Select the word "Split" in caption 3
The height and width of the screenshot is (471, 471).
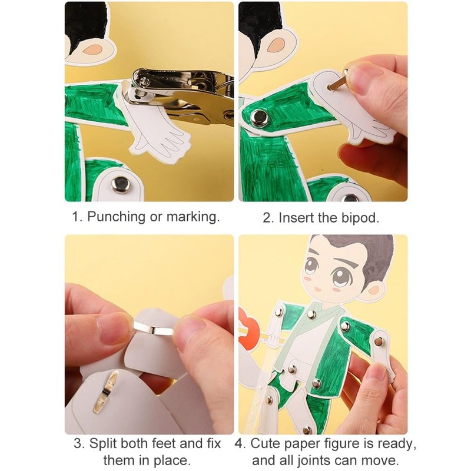click(102, 444)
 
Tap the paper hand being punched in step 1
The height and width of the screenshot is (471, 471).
click(156, 129)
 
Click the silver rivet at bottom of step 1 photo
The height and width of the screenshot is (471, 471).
click(121, 184)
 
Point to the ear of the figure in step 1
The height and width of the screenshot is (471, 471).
click(92, 50)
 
